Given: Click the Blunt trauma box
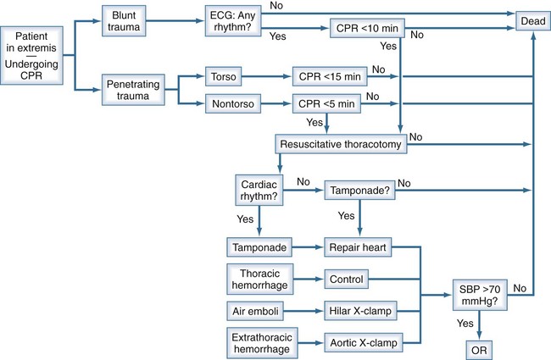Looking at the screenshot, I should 125,23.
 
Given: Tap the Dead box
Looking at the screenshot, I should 532,16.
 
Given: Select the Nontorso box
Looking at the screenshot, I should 230,104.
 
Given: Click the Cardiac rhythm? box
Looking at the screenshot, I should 261,187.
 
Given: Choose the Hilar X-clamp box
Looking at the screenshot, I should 357,311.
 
